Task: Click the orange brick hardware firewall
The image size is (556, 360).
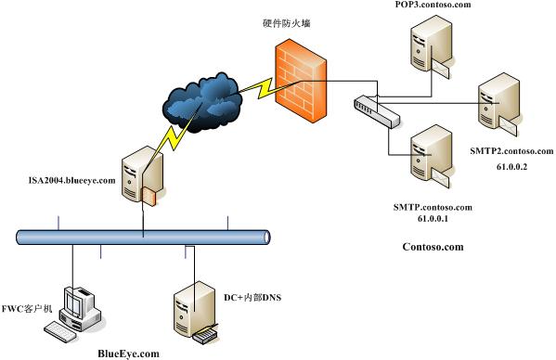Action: [301, 81]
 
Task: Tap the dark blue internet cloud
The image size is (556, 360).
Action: [202, 102]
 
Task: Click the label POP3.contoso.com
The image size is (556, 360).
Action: [433, 5]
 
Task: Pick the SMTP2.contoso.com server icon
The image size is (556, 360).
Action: [498, 104]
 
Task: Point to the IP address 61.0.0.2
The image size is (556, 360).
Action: [511, 166]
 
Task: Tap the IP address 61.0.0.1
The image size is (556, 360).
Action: [433, 219]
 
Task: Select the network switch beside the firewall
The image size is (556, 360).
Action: [377, 111]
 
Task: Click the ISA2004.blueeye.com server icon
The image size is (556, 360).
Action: [143, 175]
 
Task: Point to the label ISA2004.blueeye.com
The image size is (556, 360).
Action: [72, 180]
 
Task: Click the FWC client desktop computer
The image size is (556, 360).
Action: [79, 309]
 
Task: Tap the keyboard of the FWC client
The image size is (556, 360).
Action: [60, 331]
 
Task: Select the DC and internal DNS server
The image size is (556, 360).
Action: [195, 311]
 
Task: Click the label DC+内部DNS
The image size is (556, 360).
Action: [252, 297]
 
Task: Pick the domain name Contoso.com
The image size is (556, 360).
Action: [433, 247]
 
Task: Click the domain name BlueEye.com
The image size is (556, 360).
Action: [128, 354]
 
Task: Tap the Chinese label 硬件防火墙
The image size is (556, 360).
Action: [287, 23]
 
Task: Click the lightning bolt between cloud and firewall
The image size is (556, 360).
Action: [258, 88]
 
